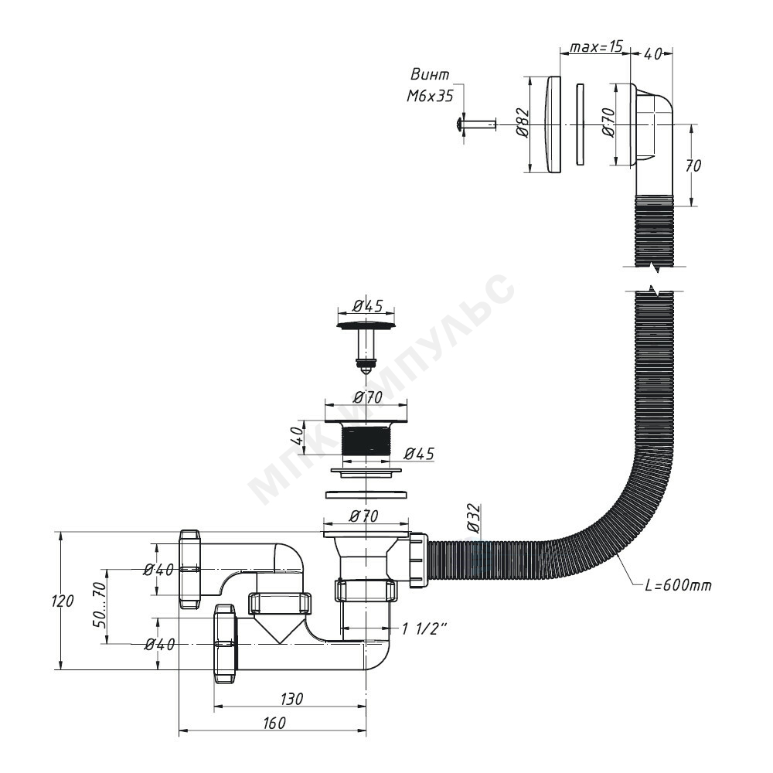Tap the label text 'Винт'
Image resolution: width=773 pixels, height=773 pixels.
coord(430,74)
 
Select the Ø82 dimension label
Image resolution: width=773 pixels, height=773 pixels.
coord(523,122)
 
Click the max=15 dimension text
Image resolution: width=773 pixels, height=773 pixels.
coord(596,47)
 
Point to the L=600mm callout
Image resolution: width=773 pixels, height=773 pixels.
coord(679,585)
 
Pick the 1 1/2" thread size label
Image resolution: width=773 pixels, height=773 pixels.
coord(424,628)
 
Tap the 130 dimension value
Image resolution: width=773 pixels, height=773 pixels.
coord(291,699)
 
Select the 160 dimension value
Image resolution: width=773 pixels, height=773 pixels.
coord(274,723)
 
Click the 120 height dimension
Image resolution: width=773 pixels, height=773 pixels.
coord(63,601)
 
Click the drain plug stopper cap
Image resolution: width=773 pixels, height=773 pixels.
coord(366,325)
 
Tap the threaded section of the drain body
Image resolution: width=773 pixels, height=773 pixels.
coord(366,441)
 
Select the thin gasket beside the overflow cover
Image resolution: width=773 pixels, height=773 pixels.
coord(581,124)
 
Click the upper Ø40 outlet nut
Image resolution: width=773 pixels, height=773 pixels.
coord(190,570)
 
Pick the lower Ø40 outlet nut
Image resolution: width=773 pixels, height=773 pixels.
coord(225,644)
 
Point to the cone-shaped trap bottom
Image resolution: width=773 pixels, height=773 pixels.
coord(280,628)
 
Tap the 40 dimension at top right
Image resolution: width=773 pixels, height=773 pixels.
coord(652,54)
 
